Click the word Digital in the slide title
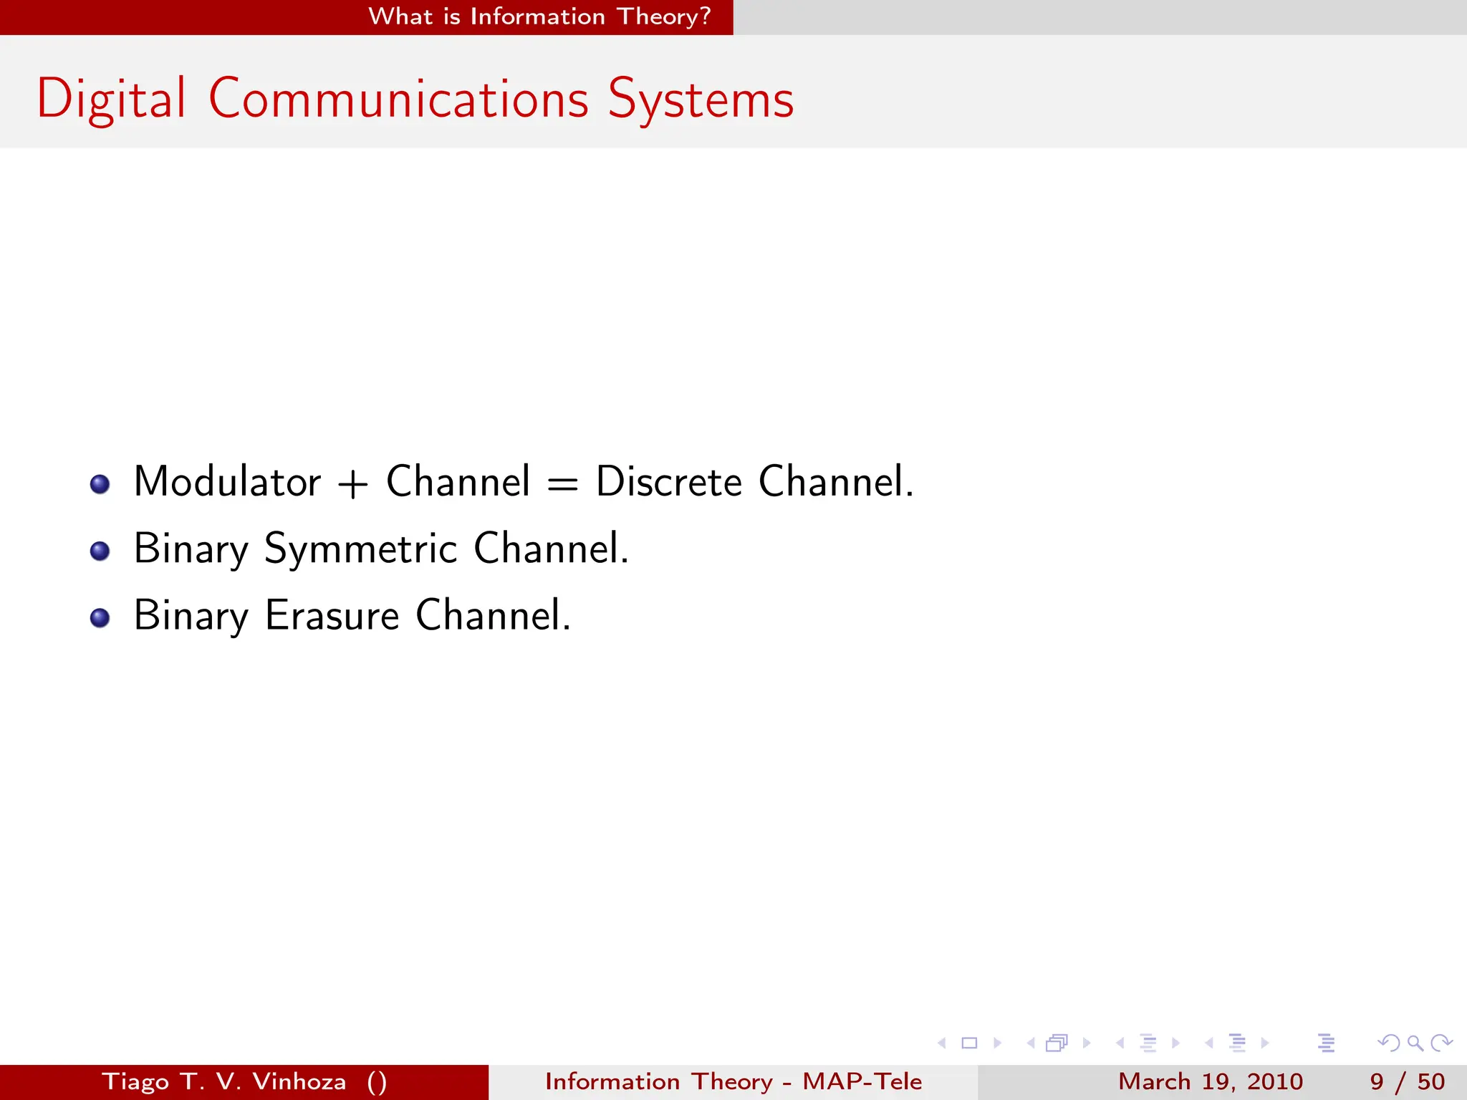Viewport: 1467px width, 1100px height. coord(111,99)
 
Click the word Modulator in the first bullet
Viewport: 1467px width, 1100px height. coord(227,481)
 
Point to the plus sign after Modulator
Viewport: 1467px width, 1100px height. coord(352,484)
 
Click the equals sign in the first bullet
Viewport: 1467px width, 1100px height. coord(562,484)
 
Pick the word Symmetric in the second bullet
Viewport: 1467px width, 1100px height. coord(360,549)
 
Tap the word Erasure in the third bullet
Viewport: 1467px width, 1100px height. coord(332,616)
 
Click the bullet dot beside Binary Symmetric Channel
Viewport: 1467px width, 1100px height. coord(100,551)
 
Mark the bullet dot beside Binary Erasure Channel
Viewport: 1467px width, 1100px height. coord(100,617)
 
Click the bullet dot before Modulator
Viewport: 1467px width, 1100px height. coord(100,484)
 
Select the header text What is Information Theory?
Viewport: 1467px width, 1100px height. coord(539,16)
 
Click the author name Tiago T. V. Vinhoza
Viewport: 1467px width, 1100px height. coord(224,1081)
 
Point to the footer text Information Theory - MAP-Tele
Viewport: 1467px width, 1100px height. coord(733,1081)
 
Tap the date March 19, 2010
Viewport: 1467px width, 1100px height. coord(1210,1081)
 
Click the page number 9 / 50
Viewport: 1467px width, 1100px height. coord(1407,1081)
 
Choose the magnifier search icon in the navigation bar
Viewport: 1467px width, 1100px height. coord(1415,1043)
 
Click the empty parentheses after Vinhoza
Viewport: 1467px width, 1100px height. coord(377,1081)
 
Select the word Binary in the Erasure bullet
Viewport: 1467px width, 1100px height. coord(191,616)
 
